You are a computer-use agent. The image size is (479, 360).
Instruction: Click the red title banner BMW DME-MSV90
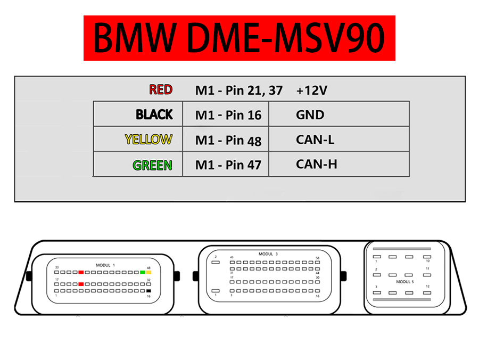pyautogui.click(x=240, y=38)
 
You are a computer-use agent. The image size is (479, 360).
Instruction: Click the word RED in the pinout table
pyautogui.click(x=161, y=89)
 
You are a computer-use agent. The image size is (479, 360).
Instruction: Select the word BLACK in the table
pyautogui.click(x=154, y=114)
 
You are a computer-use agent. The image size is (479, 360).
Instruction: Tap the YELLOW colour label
pyautogui.click(x=148, y=140)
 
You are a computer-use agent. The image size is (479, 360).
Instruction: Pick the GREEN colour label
pyautogui.click(x=153, y=165)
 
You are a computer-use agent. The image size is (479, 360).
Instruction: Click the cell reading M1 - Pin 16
pyautogui.click(x=228, y=114)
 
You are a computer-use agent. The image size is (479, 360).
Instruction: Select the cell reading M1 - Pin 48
pyautogui.click(x=228, y=140)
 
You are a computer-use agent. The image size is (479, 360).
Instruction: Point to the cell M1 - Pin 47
pyautogui.click(x=228, y=165)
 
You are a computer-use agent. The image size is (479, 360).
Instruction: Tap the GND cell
pyautogui.click(x=310, y=114)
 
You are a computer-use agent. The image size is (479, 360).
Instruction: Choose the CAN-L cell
pyautogui.click(x=315, y=140)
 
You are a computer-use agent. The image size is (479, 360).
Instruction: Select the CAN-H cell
pyautogui.click(x=316, y=164)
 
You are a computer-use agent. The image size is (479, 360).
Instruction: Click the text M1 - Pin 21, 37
pyautogui.click(x=238, y=90)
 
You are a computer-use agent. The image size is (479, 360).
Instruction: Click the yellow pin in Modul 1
pyautogui.click(x=149, y=272)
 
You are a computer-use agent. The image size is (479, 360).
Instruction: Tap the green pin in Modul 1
pyautogui.click(x=143, y=272)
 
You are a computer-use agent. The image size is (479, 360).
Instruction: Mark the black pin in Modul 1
pyautogui.click(x=149, y=291)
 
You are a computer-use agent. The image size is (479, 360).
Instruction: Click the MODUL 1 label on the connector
pyautogui.click(x=105, y=265)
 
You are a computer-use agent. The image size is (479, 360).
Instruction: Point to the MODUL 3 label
pyautogui.click(x=268, y=254)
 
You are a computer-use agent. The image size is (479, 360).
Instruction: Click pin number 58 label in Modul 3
pyautogui.click(x=318, y=258)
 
